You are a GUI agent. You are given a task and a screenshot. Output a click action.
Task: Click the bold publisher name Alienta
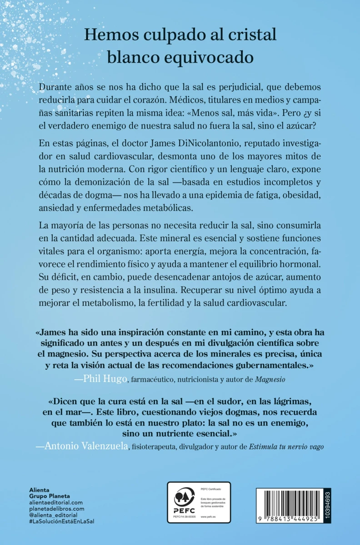click(x=39, y=490)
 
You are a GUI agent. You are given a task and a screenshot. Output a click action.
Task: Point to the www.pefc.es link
click(x=209, y=518)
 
